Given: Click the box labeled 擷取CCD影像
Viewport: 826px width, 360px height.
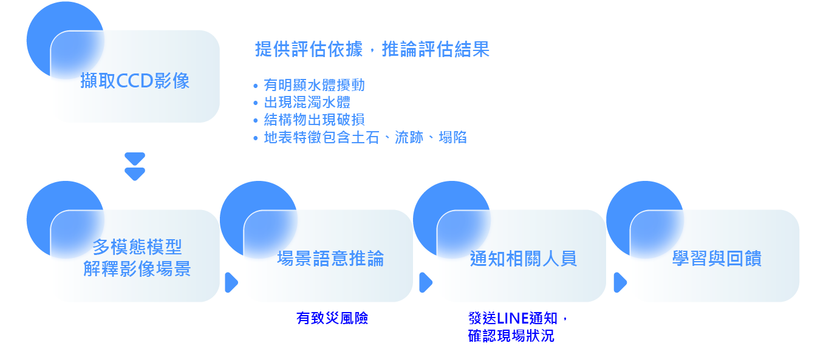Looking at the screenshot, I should click(x=135, y=81).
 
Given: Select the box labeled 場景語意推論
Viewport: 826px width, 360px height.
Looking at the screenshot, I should click(x=330, y=259).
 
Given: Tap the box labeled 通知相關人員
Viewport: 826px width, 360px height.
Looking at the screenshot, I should click(x=523, y=259).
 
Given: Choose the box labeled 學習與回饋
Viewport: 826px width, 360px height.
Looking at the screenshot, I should click(x=716, y=259).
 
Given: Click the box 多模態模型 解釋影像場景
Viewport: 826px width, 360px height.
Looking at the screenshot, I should click(x=137, y=258).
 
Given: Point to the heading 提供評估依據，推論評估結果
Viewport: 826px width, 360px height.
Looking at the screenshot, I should click(x=372, y=50).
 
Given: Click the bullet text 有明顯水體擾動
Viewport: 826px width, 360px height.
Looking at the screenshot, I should click(x=314, y=85).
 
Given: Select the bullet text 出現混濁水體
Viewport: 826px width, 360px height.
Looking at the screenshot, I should click(x=307, y=103).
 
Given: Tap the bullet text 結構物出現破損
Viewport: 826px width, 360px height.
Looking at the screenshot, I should click(x=314, y=120).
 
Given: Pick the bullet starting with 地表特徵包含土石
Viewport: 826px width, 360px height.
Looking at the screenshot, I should click(x=364, y=137).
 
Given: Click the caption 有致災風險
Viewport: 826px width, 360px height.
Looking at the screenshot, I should click(x=332, y=318).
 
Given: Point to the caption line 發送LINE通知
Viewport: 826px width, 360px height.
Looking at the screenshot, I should click(x=517, y=318).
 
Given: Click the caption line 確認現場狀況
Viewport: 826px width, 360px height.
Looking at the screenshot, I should click(x=511, y=336).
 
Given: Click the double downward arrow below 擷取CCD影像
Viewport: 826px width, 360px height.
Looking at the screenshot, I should click(x=134, y=166).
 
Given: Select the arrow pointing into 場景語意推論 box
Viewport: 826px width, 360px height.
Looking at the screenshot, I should click(x=231, y=282).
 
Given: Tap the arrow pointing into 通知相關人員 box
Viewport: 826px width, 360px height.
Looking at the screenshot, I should click(x=425, y=282).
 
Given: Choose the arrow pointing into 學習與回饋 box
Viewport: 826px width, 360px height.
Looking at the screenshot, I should click(x=619, y=282).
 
